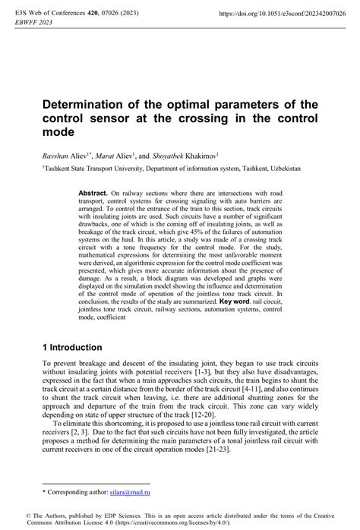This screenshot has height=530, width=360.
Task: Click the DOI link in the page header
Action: pyautogui.click(x=281, y=14)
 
